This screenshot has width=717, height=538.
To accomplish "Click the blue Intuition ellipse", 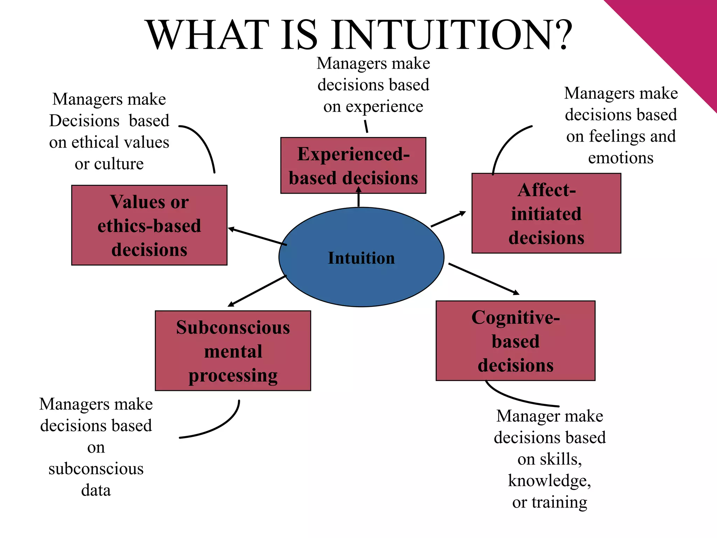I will click(x=361, y=277).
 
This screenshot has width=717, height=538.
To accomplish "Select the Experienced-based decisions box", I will click(x=353, y=165).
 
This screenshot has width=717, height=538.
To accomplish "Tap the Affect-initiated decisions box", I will click(x=546, y=213).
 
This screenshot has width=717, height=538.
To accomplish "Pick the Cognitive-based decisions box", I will click(x=515, y=341).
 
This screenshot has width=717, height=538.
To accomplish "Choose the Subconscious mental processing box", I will click(x=233, y=351).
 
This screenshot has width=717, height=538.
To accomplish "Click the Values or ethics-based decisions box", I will click(x=149, y=225).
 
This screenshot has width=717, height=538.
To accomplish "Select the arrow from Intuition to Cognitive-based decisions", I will click(x=483, y=278).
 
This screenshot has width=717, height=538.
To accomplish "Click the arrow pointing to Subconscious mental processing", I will click(x=257, y=291).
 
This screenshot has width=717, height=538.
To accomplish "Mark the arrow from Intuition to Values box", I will click(x=257, y=236).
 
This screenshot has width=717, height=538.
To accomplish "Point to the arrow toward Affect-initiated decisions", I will click(x=448, y=219).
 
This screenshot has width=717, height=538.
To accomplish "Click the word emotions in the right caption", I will click(x=620, y=158).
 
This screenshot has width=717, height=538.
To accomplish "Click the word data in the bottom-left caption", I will click(x=96, y=490).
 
